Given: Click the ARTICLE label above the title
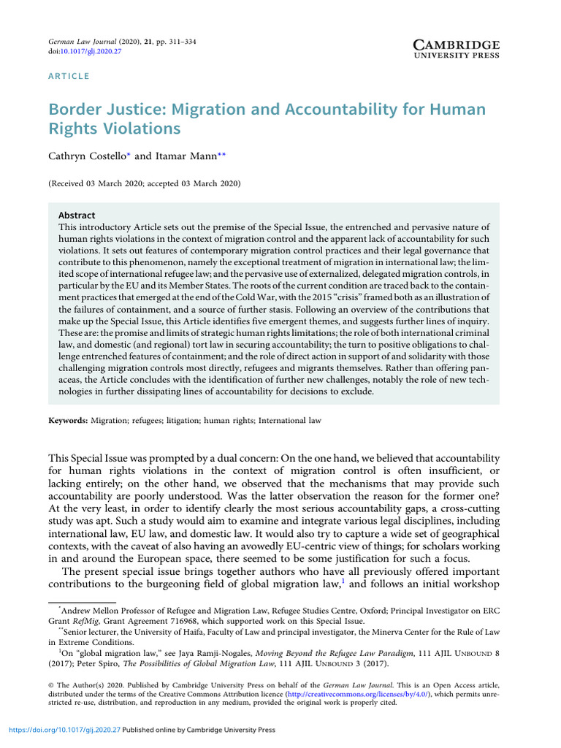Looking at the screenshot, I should coord(69,76).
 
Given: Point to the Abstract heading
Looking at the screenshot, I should coord(76,215).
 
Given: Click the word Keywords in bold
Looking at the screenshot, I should coord(67,421).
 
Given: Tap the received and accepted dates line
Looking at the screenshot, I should coord(144,183).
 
